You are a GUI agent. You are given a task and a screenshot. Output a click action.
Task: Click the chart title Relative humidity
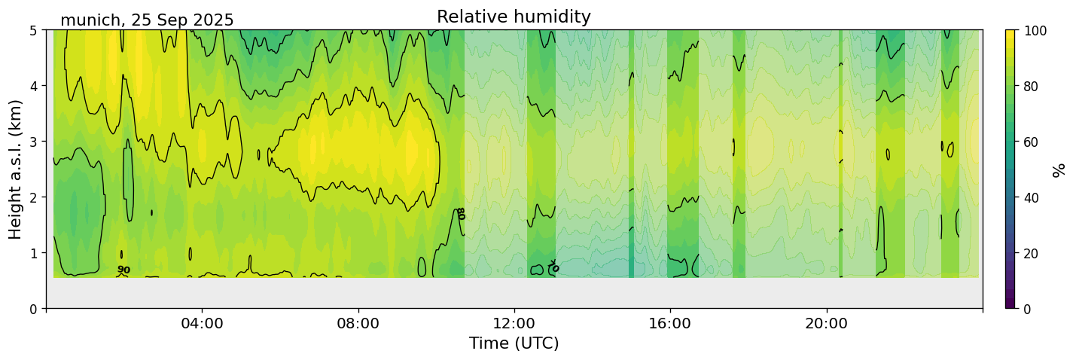[x=514, y=17]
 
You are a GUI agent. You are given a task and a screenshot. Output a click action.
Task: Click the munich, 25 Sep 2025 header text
[x=147, y=20]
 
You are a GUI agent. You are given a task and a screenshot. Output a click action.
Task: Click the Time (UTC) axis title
[x=514, y=343]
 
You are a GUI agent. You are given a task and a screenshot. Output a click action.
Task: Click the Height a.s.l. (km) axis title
[x=16, y=169]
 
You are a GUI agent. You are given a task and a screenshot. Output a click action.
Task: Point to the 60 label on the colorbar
[x=1032, y=142]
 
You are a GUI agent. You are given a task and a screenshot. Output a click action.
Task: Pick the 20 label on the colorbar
[x=1032, y=253]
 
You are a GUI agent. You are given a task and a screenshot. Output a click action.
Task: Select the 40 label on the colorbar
[x=1032, y=197]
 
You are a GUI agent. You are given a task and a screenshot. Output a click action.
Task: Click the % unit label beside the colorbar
[x=1059, y=169]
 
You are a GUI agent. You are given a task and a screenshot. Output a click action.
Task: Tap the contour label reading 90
[x=123, y=270]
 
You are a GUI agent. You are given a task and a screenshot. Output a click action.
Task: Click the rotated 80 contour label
[x=462, y=214]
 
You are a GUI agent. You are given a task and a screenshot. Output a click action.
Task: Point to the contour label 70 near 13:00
[x=553, y=267]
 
